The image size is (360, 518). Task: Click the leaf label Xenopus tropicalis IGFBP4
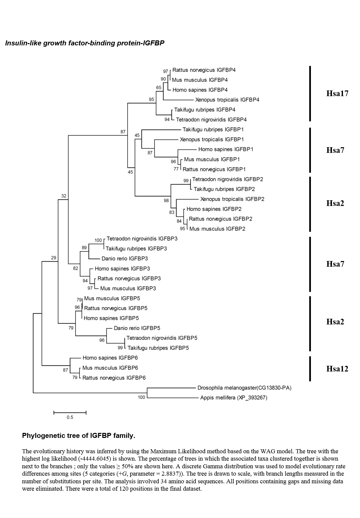tap(227, 100)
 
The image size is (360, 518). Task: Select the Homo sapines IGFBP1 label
tap(226, 150)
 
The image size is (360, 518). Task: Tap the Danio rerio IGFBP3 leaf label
tap(125, 259)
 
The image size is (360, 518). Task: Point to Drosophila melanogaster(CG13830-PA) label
tap(244, 388)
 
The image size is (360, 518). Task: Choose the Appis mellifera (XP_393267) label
tap(234, 398)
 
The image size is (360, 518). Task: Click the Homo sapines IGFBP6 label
tap(110, 358)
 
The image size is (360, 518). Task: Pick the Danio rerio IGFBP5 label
tap(137, 328)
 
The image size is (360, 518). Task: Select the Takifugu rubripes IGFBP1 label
tap(213, 129)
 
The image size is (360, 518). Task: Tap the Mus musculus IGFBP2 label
tap(217, 229)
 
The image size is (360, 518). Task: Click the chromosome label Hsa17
tap(337, 93)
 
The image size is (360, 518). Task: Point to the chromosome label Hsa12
tap(337, 368)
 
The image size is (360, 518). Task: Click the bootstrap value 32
tap(64, 196)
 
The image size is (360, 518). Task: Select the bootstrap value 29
tap(53, 258)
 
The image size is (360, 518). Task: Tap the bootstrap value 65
tap(159, 88)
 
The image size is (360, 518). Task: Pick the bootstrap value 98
tap(166, 201)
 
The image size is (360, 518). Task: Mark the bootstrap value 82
tap(75, 268)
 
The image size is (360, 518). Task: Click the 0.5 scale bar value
tap(70, 418)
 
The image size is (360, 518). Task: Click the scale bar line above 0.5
tap(70, 413)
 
